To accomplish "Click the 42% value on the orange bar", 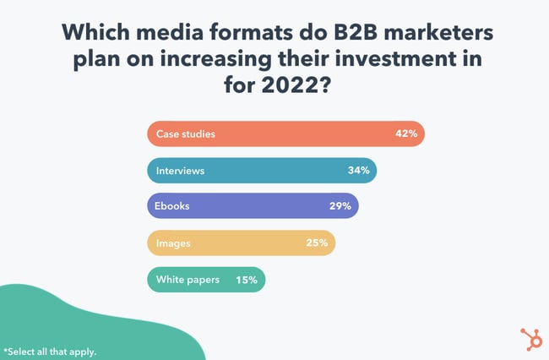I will coord(406,134).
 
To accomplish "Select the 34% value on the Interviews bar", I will coord(358,171).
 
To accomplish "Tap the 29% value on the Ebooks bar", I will coord(341,207).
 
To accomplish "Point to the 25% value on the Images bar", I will coord(318,243).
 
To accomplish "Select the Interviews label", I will coord(180,171).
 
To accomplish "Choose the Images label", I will coord(174,243).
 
